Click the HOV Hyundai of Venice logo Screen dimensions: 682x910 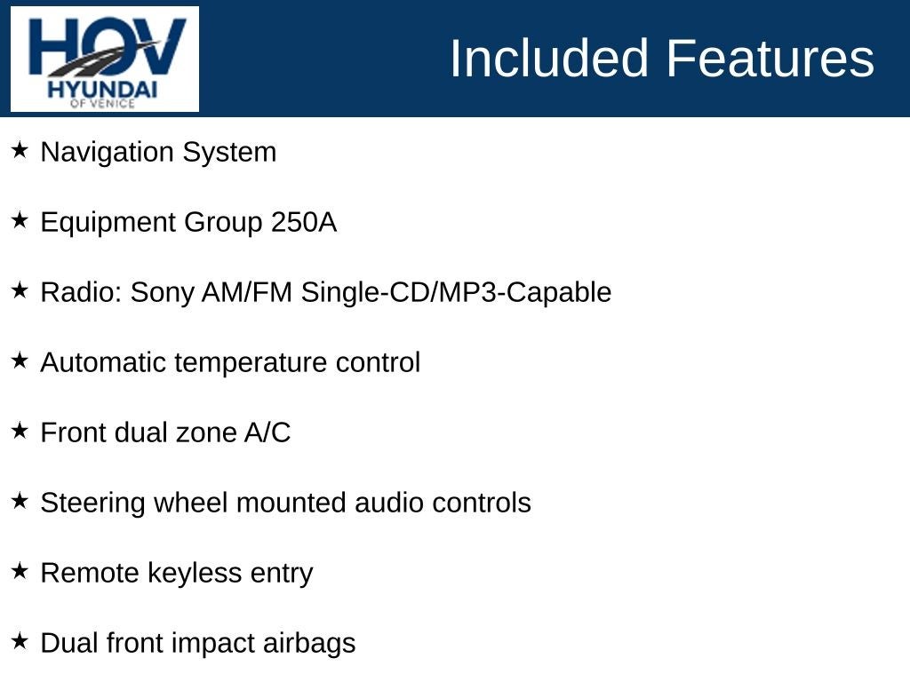105,59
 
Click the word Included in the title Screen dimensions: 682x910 549,59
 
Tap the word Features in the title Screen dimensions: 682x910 770,59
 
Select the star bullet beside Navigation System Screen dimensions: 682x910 20,150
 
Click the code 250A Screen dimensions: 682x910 304,222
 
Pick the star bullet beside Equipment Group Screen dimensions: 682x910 20,220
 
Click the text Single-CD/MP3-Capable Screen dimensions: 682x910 456,292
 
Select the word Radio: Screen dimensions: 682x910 82,292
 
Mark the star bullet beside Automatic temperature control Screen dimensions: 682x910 20,361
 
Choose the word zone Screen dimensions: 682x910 208,432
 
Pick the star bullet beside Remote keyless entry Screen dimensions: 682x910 20,571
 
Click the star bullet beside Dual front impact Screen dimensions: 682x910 20,641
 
